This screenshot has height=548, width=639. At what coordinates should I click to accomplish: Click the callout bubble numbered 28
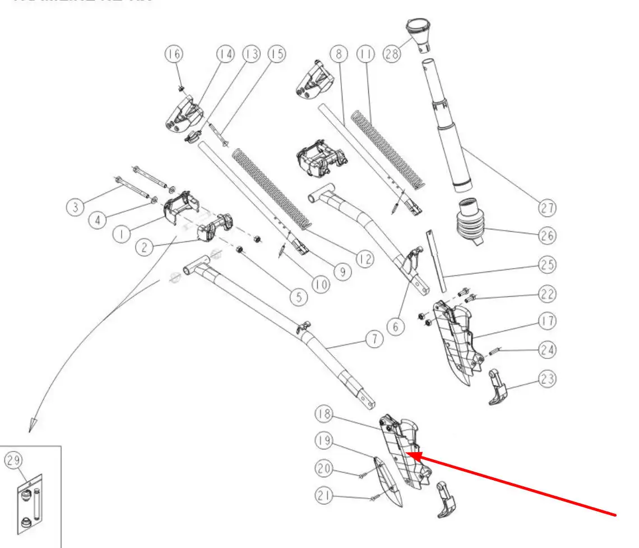coord(392,54)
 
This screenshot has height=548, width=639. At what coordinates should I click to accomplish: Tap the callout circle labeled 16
coord(174,54)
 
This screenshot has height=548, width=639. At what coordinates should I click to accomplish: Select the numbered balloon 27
coord(548,208)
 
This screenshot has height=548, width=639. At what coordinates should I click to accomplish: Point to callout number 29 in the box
coord(13,460)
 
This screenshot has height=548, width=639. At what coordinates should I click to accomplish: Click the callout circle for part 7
coord(374,339)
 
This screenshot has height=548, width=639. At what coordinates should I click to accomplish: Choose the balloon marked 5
coord(298,297)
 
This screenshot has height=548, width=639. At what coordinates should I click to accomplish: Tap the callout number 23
coord(548,379)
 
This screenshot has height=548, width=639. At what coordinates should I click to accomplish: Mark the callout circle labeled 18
coord(324,415)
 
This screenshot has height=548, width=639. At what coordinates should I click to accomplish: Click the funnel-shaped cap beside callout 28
coord(418,31)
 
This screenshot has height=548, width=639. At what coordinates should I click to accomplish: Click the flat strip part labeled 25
coord(437,261)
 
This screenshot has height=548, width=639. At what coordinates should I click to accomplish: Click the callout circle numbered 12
coord(365,260)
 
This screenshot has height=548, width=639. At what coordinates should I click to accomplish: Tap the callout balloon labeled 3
coord(73,207)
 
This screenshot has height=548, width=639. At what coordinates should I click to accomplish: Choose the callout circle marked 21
coord(324,495)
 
